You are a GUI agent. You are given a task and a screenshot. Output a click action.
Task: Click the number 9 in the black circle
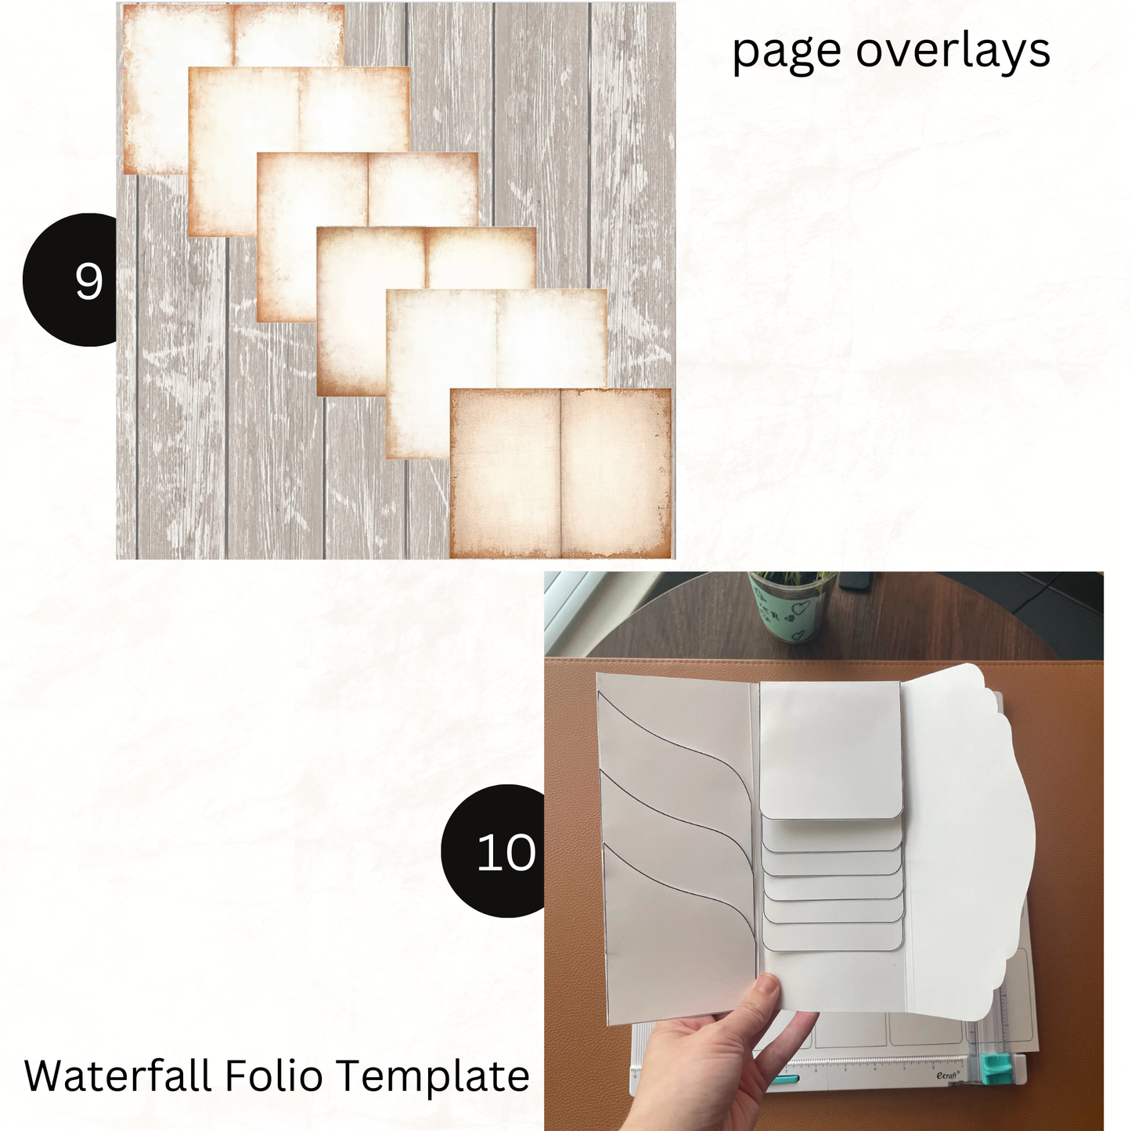click(x=88, y=281)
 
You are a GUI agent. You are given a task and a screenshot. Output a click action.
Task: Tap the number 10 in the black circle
click(x=506, y=852)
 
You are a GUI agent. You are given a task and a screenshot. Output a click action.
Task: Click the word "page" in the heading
click(x=787, y=52)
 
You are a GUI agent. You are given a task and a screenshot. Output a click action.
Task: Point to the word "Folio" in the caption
click(x=274, y=1075)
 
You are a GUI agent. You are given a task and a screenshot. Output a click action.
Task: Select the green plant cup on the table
click(x=792, y=607)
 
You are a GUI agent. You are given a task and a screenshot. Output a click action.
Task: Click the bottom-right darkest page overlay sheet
click(x=560, y=473)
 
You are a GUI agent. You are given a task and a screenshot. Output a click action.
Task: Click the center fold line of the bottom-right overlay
click(x=560, y=473)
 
